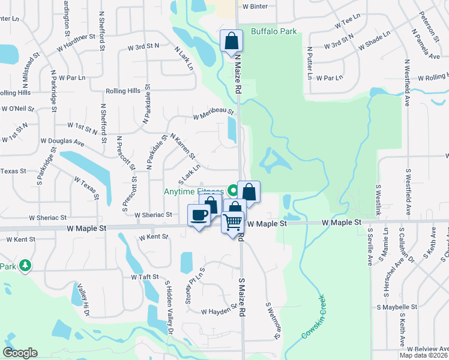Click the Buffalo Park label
click(274, 31)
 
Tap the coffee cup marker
click(199, 215)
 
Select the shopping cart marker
click(233, 222)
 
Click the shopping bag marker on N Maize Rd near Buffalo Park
click(231, 41)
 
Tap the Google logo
click(20, 353)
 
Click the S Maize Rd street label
click(242, 297)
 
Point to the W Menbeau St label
click(213, 112)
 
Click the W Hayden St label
click(219, 311)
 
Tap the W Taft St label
click(145, 277)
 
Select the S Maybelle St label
click(397, 307)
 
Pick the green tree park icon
click(25, 265)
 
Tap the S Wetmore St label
click(273, 320)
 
